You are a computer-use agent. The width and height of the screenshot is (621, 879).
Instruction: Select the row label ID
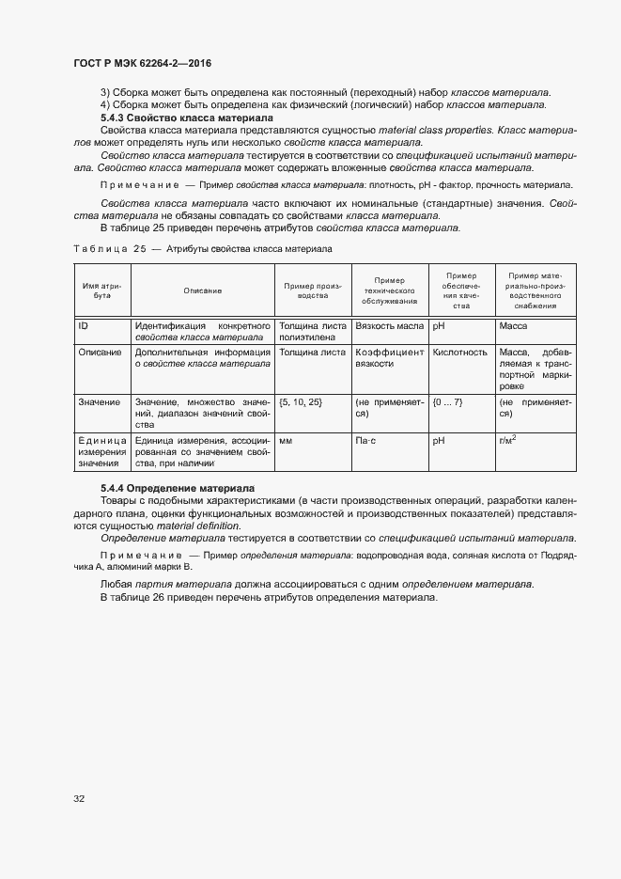[84, 326]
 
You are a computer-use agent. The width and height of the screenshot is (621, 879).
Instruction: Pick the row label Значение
[99, 401]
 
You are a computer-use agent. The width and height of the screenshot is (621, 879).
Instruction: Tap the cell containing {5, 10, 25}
[301, 401]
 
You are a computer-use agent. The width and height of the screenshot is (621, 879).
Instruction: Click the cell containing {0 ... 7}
[447, 401]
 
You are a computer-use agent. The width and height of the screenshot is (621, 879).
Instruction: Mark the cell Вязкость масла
[388, 326]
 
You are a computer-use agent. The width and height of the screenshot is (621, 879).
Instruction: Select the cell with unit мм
[286, 439]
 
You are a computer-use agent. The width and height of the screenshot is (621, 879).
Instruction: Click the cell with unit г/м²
[508, 438]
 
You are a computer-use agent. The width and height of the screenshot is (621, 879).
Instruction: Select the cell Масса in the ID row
[514, 326]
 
